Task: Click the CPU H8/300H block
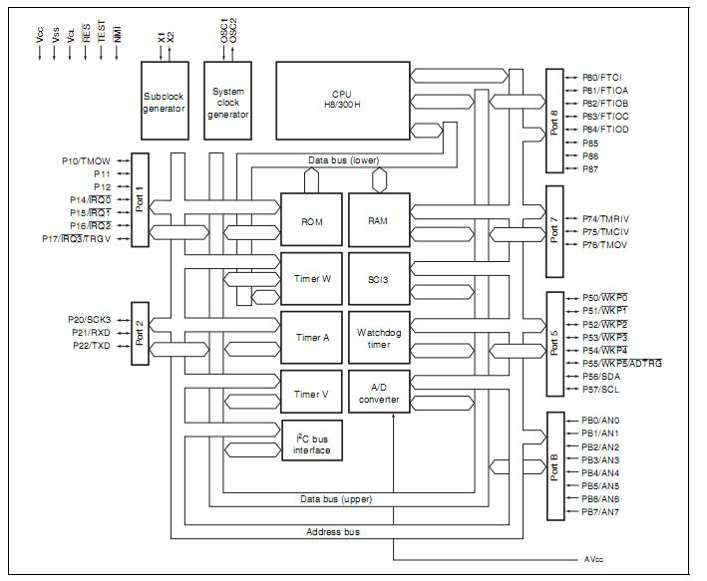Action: [x=343, y=101]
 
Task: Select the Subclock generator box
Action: [x=165, y=101]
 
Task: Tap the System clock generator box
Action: [x=227, y=101]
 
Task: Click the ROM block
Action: [x=311, y=219]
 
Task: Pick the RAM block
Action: [x=379, y=219]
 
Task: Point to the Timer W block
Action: [x=311, y=279]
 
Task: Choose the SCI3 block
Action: [x=379, y=279]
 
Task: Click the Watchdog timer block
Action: [x=379, y=338]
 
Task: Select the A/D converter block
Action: [x=379, y=392]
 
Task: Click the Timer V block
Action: [x=311, y=392]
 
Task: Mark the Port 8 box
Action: [x=554, y=121]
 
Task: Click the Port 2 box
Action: [x=140, y=334]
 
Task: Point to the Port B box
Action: [x=555, y=466]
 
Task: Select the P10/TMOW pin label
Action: [x=86, y=160]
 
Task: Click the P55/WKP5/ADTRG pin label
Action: [x=622, y=364]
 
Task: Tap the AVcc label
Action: [x=594, y=559]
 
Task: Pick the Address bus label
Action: [x=333, y=532]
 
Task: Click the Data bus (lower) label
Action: [x=344, y=160]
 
